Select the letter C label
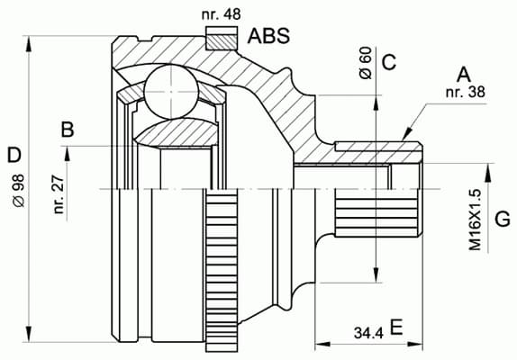point(389,61)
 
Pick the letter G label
point(503,219)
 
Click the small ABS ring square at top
point(218,39)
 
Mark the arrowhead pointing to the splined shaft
point(409,133)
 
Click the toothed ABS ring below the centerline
point(219,270)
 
